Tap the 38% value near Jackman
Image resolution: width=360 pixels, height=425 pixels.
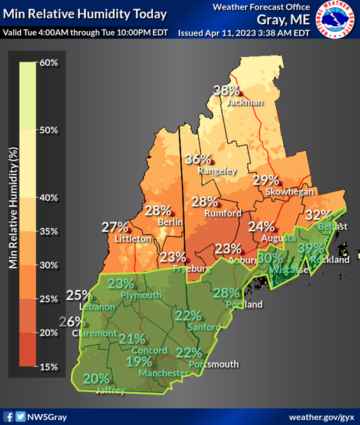226,91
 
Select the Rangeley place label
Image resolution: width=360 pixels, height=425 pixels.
217,171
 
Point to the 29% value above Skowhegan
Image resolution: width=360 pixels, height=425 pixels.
266,181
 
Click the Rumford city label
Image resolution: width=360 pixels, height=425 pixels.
223,213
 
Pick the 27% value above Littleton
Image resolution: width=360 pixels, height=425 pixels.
115,227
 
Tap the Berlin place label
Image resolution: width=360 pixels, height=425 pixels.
170,222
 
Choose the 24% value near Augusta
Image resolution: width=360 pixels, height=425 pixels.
261,226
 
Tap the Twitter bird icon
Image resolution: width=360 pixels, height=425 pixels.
21,417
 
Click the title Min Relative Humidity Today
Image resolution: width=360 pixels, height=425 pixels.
84,14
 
